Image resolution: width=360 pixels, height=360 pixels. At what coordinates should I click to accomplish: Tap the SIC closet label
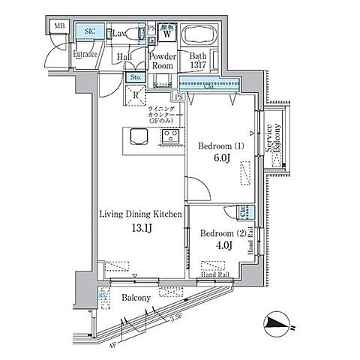90,31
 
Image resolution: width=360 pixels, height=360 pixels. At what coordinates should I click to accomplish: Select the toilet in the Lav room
136,33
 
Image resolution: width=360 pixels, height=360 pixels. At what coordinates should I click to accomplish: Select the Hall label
125,57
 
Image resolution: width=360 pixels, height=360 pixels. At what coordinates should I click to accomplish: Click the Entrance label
87,54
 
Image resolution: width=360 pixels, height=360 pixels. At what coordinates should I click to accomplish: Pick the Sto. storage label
135,77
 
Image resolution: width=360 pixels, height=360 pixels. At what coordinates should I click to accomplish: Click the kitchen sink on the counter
139,136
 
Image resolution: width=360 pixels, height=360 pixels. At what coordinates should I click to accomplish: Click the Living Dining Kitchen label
141,214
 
